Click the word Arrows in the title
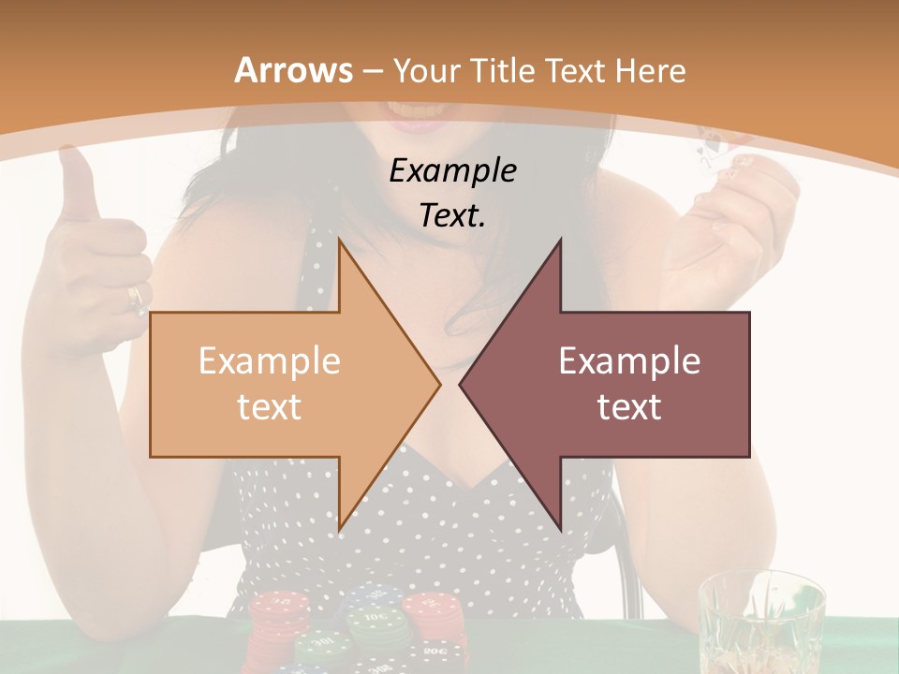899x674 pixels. pyautogui.click(x=294, y=70)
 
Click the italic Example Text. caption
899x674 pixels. pyautogui.click(x=453, y=193)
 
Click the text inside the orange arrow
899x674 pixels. pyautogui.click(x=270, y=384)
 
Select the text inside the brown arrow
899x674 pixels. pyautogui.click(x=629, y=384)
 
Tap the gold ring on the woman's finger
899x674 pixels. pyautogui.click(x=137, y=298)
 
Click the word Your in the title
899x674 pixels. pyautogui.click(x=424, y=70)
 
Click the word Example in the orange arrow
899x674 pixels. pyautogui.click(x=270, y=360)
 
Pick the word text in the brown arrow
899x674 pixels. pyautogui.click(x=629, y=407)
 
